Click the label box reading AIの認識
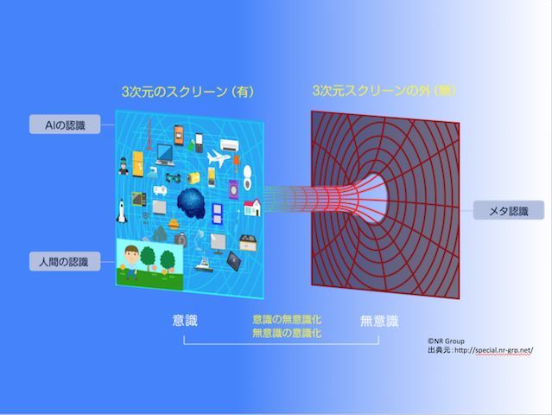pos(64,123)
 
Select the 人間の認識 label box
pos(63,259)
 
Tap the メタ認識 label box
pos(509,210)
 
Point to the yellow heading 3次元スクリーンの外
pos(371,90)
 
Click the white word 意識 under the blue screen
pos(186,321)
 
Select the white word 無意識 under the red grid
pos(379,321)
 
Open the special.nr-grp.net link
pos(491,350)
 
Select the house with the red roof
pos(252,207)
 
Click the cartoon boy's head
pos(130,254)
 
